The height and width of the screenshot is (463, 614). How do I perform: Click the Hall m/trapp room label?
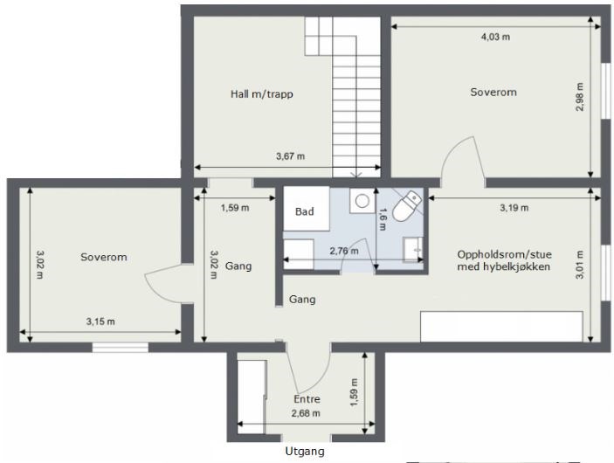pos(261,94)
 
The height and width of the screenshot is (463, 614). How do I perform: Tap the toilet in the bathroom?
pos(406,206)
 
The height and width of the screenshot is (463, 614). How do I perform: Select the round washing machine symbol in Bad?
pos(362,201)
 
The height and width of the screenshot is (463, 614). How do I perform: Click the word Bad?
pos(304,211)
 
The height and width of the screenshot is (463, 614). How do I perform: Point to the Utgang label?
pos(305,452)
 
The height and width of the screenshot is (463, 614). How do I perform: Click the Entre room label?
pos(307,399)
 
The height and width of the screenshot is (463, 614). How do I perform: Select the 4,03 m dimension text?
pos(495,37)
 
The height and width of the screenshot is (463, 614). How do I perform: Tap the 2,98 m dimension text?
pos(580,97)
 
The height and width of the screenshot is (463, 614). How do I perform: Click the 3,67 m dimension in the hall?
pos(290,156)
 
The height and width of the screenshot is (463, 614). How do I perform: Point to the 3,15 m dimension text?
pos(100,321)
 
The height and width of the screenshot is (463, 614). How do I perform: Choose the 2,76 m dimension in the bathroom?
pos(344,251)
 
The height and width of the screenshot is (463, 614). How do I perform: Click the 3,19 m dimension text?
pos(514,208)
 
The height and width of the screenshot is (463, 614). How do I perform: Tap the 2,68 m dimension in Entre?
pos(306,413)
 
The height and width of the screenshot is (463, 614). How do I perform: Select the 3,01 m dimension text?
pos(580,265)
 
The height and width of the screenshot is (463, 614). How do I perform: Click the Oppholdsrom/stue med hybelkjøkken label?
pos(504,260)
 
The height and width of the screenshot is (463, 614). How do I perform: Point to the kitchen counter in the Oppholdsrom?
pos(501,327)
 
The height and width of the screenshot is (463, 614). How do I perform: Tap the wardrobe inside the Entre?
pos(252,397)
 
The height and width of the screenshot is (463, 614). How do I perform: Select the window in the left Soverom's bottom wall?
pos(121,348)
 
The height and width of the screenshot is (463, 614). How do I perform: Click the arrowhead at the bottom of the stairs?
pos(356,175)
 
